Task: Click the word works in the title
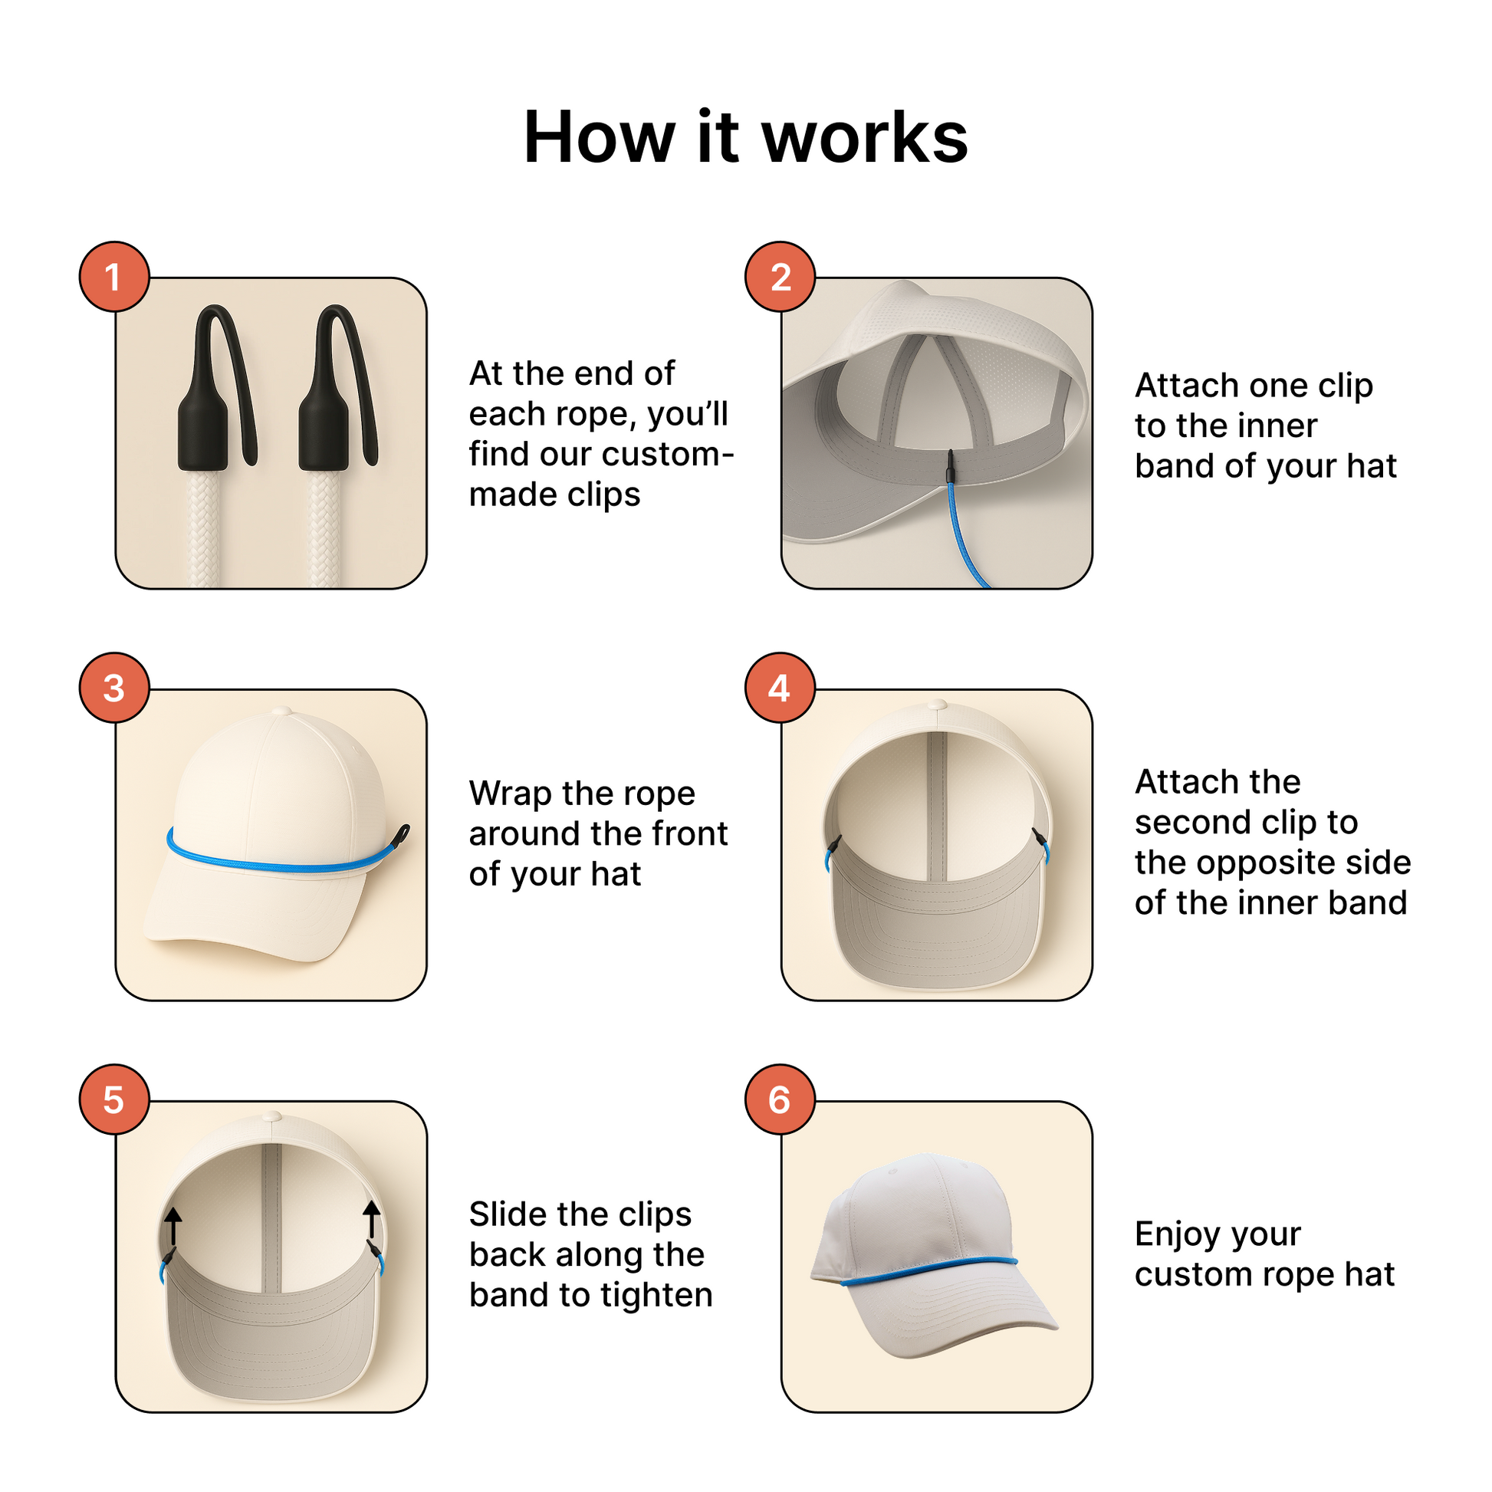point(864,138)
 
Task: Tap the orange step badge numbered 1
point(113,277)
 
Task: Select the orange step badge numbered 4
point(779,688)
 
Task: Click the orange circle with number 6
point(779,1099)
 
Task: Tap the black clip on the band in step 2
point(951,467)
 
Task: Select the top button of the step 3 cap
point(282,710)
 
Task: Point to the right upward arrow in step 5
point(371,1218)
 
